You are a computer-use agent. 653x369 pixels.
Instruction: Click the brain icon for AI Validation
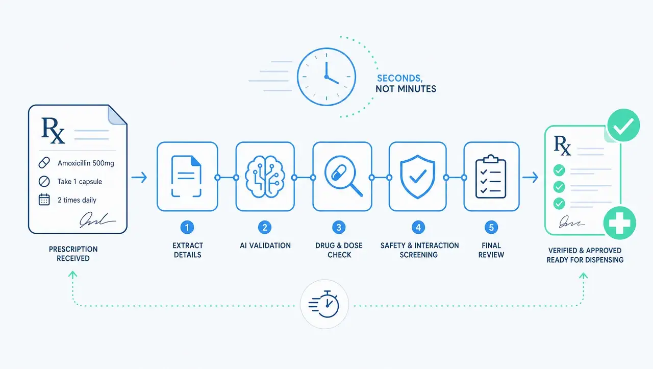tap(265, 177)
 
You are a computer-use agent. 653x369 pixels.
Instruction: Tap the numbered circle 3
tap(339, 228)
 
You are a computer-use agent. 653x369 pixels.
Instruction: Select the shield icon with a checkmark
tap(417, 177)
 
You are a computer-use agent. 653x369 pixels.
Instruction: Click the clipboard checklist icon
tap(491, 177)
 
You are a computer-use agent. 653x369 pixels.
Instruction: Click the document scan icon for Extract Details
tap(187, 176)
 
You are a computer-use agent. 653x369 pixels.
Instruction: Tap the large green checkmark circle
tap(623, 125)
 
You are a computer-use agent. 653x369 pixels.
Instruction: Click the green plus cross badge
tap(620, 223)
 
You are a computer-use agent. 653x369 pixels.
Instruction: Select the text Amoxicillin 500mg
tap(86, 163)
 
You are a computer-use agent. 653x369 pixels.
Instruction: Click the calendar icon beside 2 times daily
tap(44, 200)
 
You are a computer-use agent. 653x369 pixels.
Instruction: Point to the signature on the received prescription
tap(97, 220)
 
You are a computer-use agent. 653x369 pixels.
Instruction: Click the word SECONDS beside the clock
tap(399, 78)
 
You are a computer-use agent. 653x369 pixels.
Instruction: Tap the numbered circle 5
tap(491, 228)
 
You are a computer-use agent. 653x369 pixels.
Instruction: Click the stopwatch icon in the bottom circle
tap(324, 304)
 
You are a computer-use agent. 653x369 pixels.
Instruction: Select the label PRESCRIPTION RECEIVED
tap(73, 254)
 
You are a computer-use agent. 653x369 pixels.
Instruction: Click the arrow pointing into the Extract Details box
tap(139, 177)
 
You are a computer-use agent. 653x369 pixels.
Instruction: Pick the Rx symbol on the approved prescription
tap(562, 145)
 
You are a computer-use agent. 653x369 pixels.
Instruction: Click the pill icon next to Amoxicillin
tap(44, 163)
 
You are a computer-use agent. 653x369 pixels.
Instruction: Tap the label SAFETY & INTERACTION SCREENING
tap(419, 250)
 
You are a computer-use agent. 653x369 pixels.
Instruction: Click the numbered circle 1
tap(187, 228)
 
